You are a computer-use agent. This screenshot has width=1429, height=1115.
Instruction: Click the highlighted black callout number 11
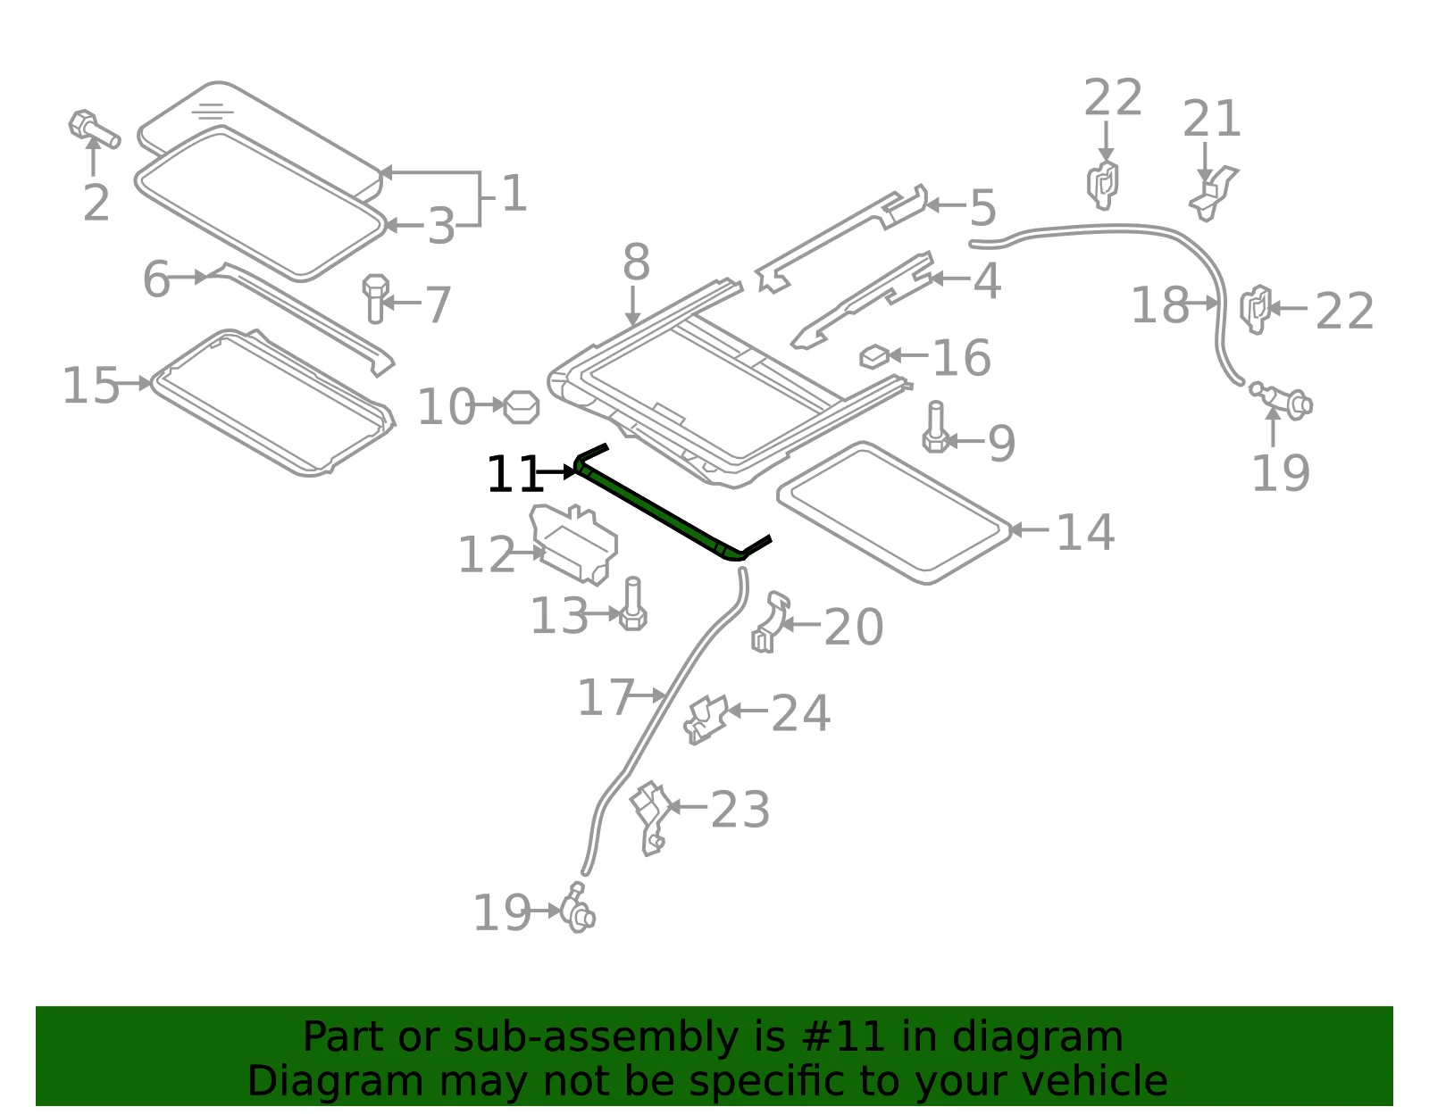pyautogui.click(x=515, y=474)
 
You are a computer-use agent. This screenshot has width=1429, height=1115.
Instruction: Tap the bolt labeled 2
pyautogui.click(x=94, y=129)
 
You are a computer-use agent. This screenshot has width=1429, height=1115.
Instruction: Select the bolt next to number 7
pyautogui.click(x=375, y=299)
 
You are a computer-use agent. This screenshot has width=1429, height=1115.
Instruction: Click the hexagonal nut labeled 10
pyautogui.click(x=522, y=407)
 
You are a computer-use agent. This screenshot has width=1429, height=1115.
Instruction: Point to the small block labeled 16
pyautogui.click(x=874, y=357)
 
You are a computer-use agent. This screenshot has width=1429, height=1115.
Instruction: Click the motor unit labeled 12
pyautogui.click(x=573, y=544)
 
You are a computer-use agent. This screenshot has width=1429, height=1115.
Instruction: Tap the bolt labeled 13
pyautogui.click(x=633, y=603)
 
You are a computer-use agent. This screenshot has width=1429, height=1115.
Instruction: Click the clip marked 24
pyautogui.click(x=706, y=720)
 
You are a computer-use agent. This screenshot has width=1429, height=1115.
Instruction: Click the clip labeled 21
pyautogui.click(x=1213, y=194)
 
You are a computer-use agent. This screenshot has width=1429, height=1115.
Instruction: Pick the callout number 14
pyautogui.click(x=1085, y=532)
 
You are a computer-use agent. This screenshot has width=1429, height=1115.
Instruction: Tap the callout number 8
pyautogui.click(x=637, y=262)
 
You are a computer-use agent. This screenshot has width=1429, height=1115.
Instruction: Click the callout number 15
pyautogui.click(x=91, y=386)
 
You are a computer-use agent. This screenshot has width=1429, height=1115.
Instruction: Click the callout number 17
pyautogui.click(x=606, y=697)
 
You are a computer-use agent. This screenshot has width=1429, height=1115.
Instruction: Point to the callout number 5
pyautogui.click(x=983, y=208)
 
